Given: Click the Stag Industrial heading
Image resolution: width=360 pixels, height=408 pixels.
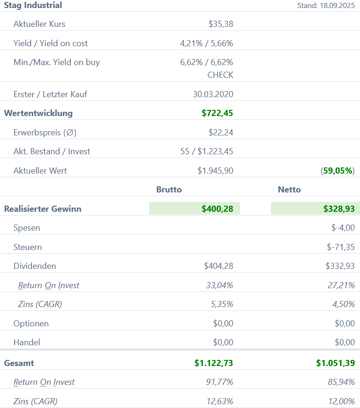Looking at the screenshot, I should [33, 6].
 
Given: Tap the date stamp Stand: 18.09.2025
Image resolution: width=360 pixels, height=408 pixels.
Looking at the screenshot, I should [326, 6].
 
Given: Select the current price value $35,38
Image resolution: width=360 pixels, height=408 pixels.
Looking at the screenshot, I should [221, 24].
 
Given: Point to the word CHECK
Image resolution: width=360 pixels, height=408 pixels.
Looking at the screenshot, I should [220, 75].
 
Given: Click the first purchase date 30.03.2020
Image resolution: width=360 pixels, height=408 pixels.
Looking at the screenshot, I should [213, 94].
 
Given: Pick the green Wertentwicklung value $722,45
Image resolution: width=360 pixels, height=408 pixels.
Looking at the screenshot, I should [217, 113].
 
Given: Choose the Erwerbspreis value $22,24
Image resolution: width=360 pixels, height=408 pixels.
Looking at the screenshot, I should [221, 133].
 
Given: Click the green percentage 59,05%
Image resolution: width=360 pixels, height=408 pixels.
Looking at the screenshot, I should [338, 171].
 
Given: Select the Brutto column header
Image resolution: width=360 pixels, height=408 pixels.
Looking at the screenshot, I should [169, 190].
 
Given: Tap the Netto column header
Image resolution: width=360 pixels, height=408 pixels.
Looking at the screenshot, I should [289, 190].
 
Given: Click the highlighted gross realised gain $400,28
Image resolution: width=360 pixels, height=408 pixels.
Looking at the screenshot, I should [217, 209].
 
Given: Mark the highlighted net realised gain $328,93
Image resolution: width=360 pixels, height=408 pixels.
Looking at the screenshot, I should [339, 209].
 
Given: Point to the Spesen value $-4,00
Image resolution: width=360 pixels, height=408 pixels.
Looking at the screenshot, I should [343, 228].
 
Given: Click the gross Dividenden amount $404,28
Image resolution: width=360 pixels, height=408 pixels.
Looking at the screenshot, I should [218, 266].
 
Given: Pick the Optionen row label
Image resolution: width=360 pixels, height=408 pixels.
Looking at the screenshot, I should [31, 324].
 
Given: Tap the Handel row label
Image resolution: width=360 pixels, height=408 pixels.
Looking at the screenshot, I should [27, 342].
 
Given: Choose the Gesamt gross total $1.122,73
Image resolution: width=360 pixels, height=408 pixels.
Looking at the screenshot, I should [214, 363].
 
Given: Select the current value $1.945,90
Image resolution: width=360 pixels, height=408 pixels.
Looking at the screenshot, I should [215, 171].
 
